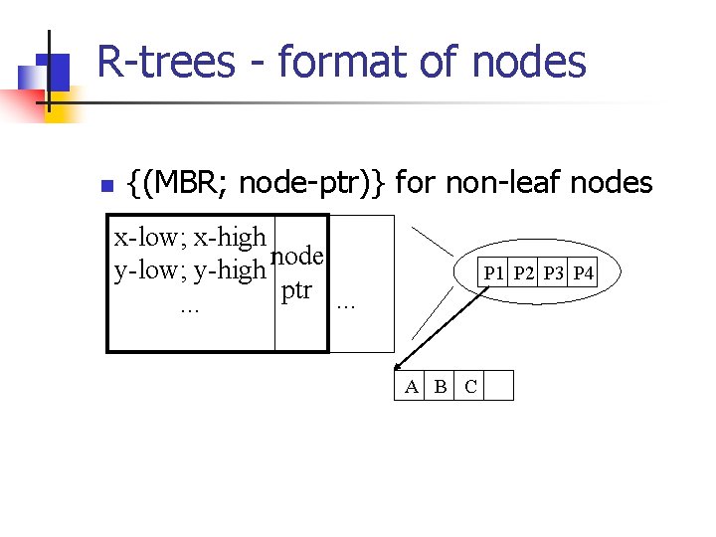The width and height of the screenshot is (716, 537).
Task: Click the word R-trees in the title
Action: [166, 62]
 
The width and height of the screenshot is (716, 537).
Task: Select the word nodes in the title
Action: [529, 62]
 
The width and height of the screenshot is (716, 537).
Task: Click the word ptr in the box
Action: [296, 291]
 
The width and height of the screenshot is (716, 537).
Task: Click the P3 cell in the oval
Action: [554, 273]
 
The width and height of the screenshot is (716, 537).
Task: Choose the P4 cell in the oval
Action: [583, 273]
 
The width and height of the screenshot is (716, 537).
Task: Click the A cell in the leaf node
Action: [411, 387]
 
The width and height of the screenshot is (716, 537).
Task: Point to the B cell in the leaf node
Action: [441, 387]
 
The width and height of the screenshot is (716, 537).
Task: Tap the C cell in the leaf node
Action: [470, 387]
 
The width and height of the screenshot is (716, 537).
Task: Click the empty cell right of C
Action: [499, 387]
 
